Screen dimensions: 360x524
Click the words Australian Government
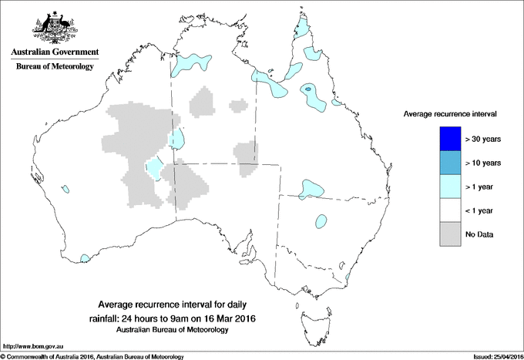55,52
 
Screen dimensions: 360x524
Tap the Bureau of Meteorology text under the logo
55,67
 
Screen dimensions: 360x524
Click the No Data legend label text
479,234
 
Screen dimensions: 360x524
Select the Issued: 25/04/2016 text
496,356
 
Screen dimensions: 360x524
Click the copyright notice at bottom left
92,356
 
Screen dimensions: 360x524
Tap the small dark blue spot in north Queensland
308,89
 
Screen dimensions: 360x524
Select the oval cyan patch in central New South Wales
320,221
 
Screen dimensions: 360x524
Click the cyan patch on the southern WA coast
86,259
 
